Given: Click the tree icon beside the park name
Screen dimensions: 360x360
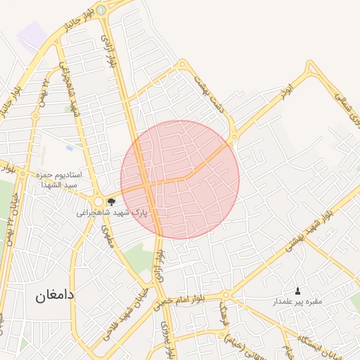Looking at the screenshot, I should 111,202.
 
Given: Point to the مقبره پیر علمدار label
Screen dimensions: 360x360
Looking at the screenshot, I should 297,302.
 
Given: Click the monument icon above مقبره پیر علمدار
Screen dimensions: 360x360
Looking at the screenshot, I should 297,291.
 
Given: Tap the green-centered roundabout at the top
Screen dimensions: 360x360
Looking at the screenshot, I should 101,10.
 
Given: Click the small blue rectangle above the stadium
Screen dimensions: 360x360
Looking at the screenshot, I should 69,148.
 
